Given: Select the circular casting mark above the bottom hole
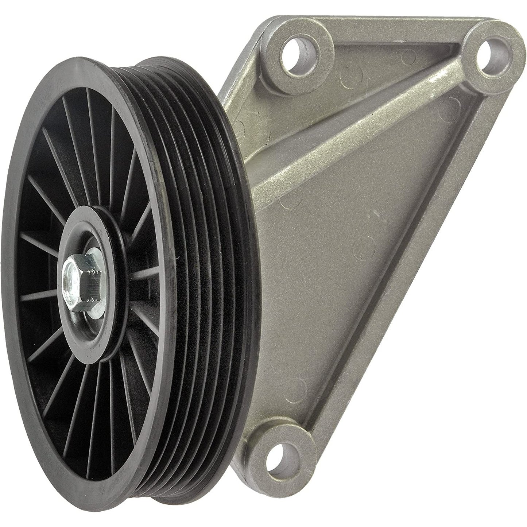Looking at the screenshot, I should pyautogui.click(x=299, y=387).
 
